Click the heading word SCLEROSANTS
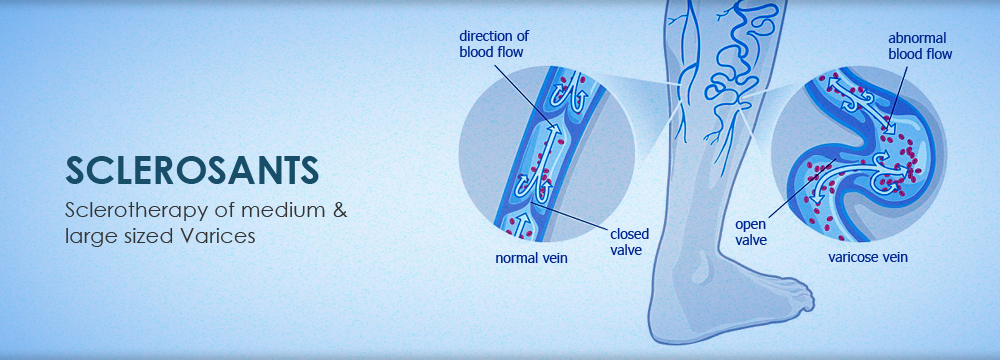(192, 170)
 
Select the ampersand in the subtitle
(340, 210)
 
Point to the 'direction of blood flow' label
(494, 44)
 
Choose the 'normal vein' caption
(531, 259)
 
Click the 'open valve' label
(751, 232)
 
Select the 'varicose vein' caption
(867, 258)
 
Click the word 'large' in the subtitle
(87, 237)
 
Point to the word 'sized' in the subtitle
(144, 236)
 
